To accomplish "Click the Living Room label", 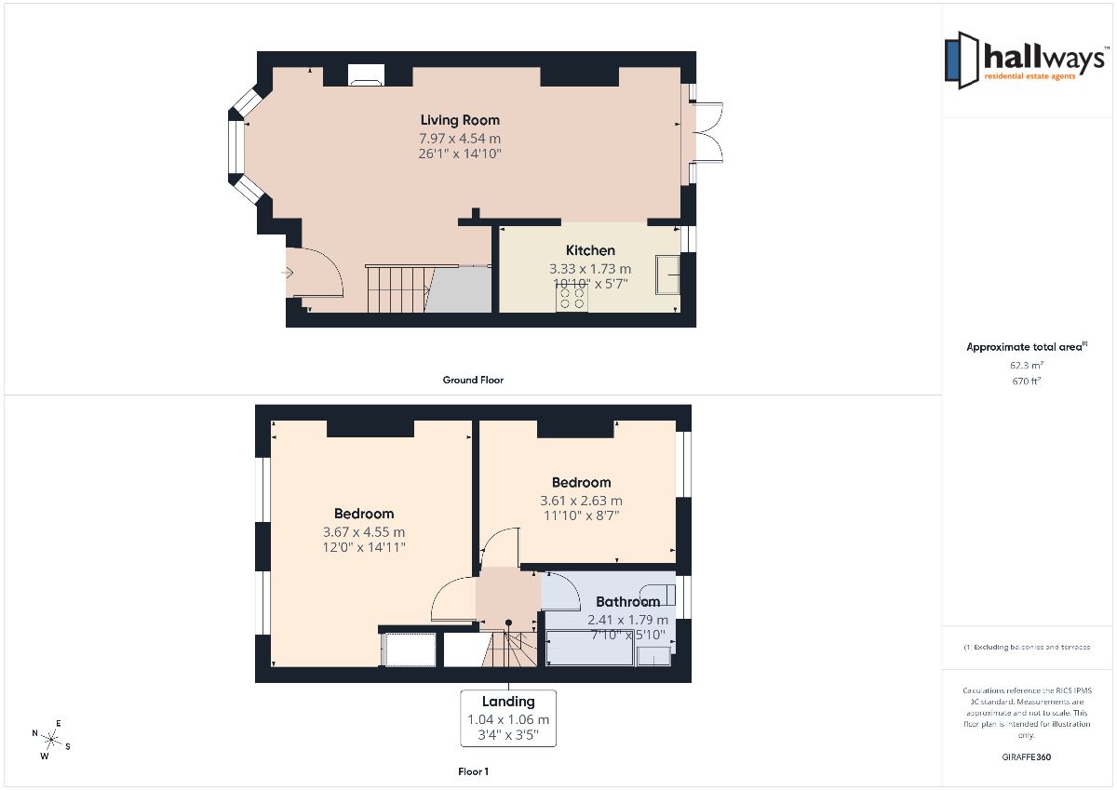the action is coord(460,120).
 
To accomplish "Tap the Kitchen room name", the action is coord(590,250).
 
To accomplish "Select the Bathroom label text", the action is coord(627,602).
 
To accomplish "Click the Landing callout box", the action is coord(508,718).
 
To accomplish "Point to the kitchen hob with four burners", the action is coord(572,298).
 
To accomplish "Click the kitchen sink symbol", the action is coord(667,274).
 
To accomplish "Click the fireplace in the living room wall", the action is coord(366,74).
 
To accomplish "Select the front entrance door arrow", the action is coord(288,272).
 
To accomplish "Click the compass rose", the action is coord(51,739).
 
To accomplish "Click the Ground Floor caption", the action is coord(473,380).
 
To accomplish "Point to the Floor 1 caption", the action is coord(473,771).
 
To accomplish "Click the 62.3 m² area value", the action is coord(1026,365).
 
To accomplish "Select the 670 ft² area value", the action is coord(1026,381).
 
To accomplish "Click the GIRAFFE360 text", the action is coord(1026,757).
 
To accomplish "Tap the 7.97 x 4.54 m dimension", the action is coord(460,138).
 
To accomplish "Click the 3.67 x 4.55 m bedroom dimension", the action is coord(364,532).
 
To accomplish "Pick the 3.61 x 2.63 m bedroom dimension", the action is coord(581,501).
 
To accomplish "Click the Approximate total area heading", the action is coord(1026,347).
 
